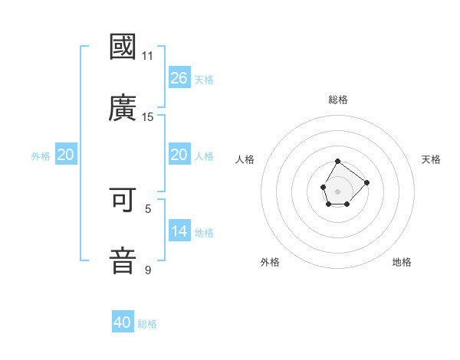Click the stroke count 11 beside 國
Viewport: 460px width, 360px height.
point(147,56)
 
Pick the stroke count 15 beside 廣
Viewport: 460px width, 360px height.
point(147,116)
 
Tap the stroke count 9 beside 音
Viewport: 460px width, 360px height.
point(148,270)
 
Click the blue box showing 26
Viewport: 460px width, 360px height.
point(179,77)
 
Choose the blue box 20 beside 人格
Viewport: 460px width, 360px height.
point(179,155)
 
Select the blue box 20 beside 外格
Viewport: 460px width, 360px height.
point(66,155)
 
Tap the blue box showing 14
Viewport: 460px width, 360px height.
point(179,231)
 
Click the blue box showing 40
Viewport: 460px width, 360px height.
point(123,322)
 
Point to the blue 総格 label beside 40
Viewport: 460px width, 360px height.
point(147,324)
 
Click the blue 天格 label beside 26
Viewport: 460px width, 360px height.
point(204,80)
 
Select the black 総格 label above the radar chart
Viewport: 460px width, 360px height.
point(338,100)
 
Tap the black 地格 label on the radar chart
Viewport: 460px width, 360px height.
point(402,262)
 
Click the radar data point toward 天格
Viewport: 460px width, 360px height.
point(366,182)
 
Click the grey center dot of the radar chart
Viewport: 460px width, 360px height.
point(337,191)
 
